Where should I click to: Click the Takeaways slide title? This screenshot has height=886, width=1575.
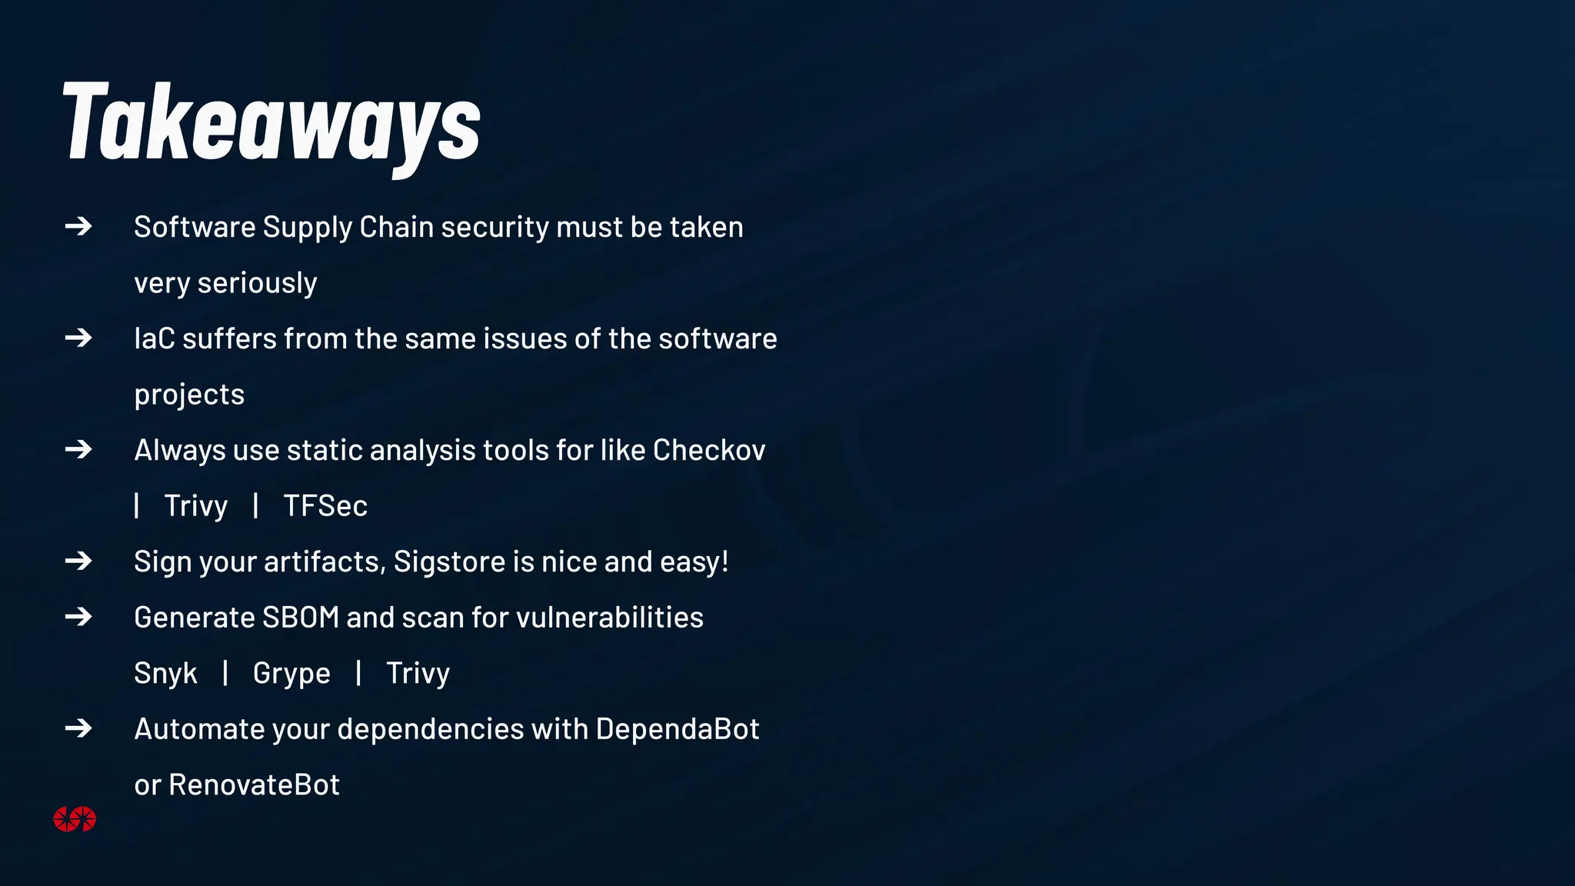click(x=271, y=123)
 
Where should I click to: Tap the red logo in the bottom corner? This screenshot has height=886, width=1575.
click(x=75, y=819)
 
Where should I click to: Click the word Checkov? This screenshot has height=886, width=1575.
click(x=709, y=451)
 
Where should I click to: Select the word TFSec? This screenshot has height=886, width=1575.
click(x=325, y=506)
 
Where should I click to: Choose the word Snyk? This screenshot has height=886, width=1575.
click(x=165, y=674)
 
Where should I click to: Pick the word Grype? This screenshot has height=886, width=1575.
click(x=291, y=674)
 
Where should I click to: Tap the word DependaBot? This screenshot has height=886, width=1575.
click(x=677, y=729)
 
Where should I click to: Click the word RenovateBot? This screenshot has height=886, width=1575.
click(x=254, y=785)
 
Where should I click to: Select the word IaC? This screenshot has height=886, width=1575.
click(x=155, y=339)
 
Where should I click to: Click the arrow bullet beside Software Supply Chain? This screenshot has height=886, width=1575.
click(x=78, y=226)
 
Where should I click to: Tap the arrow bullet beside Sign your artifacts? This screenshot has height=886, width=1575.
click(x=78, y=561)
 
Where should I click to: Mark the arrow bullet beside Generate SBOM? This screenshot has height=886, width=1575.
click(x=78, y=617)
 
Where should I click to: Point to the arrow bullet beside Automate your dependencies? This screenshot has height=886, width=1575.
click(x=78, y=728)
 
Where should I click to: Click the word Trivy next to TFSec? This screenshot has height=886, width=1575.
click(x=196, y=506)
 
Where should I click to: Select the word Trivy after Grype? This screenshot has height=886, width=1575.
click(x=418, y=674)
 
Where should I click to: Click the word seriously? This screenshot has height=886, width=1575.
click(x=257, y=283)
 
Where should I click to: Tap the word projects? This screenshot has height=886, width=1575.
click(x=189, y=395)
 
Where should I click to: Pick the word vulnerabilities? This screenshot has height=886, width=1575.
click(x=610, y=618)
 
